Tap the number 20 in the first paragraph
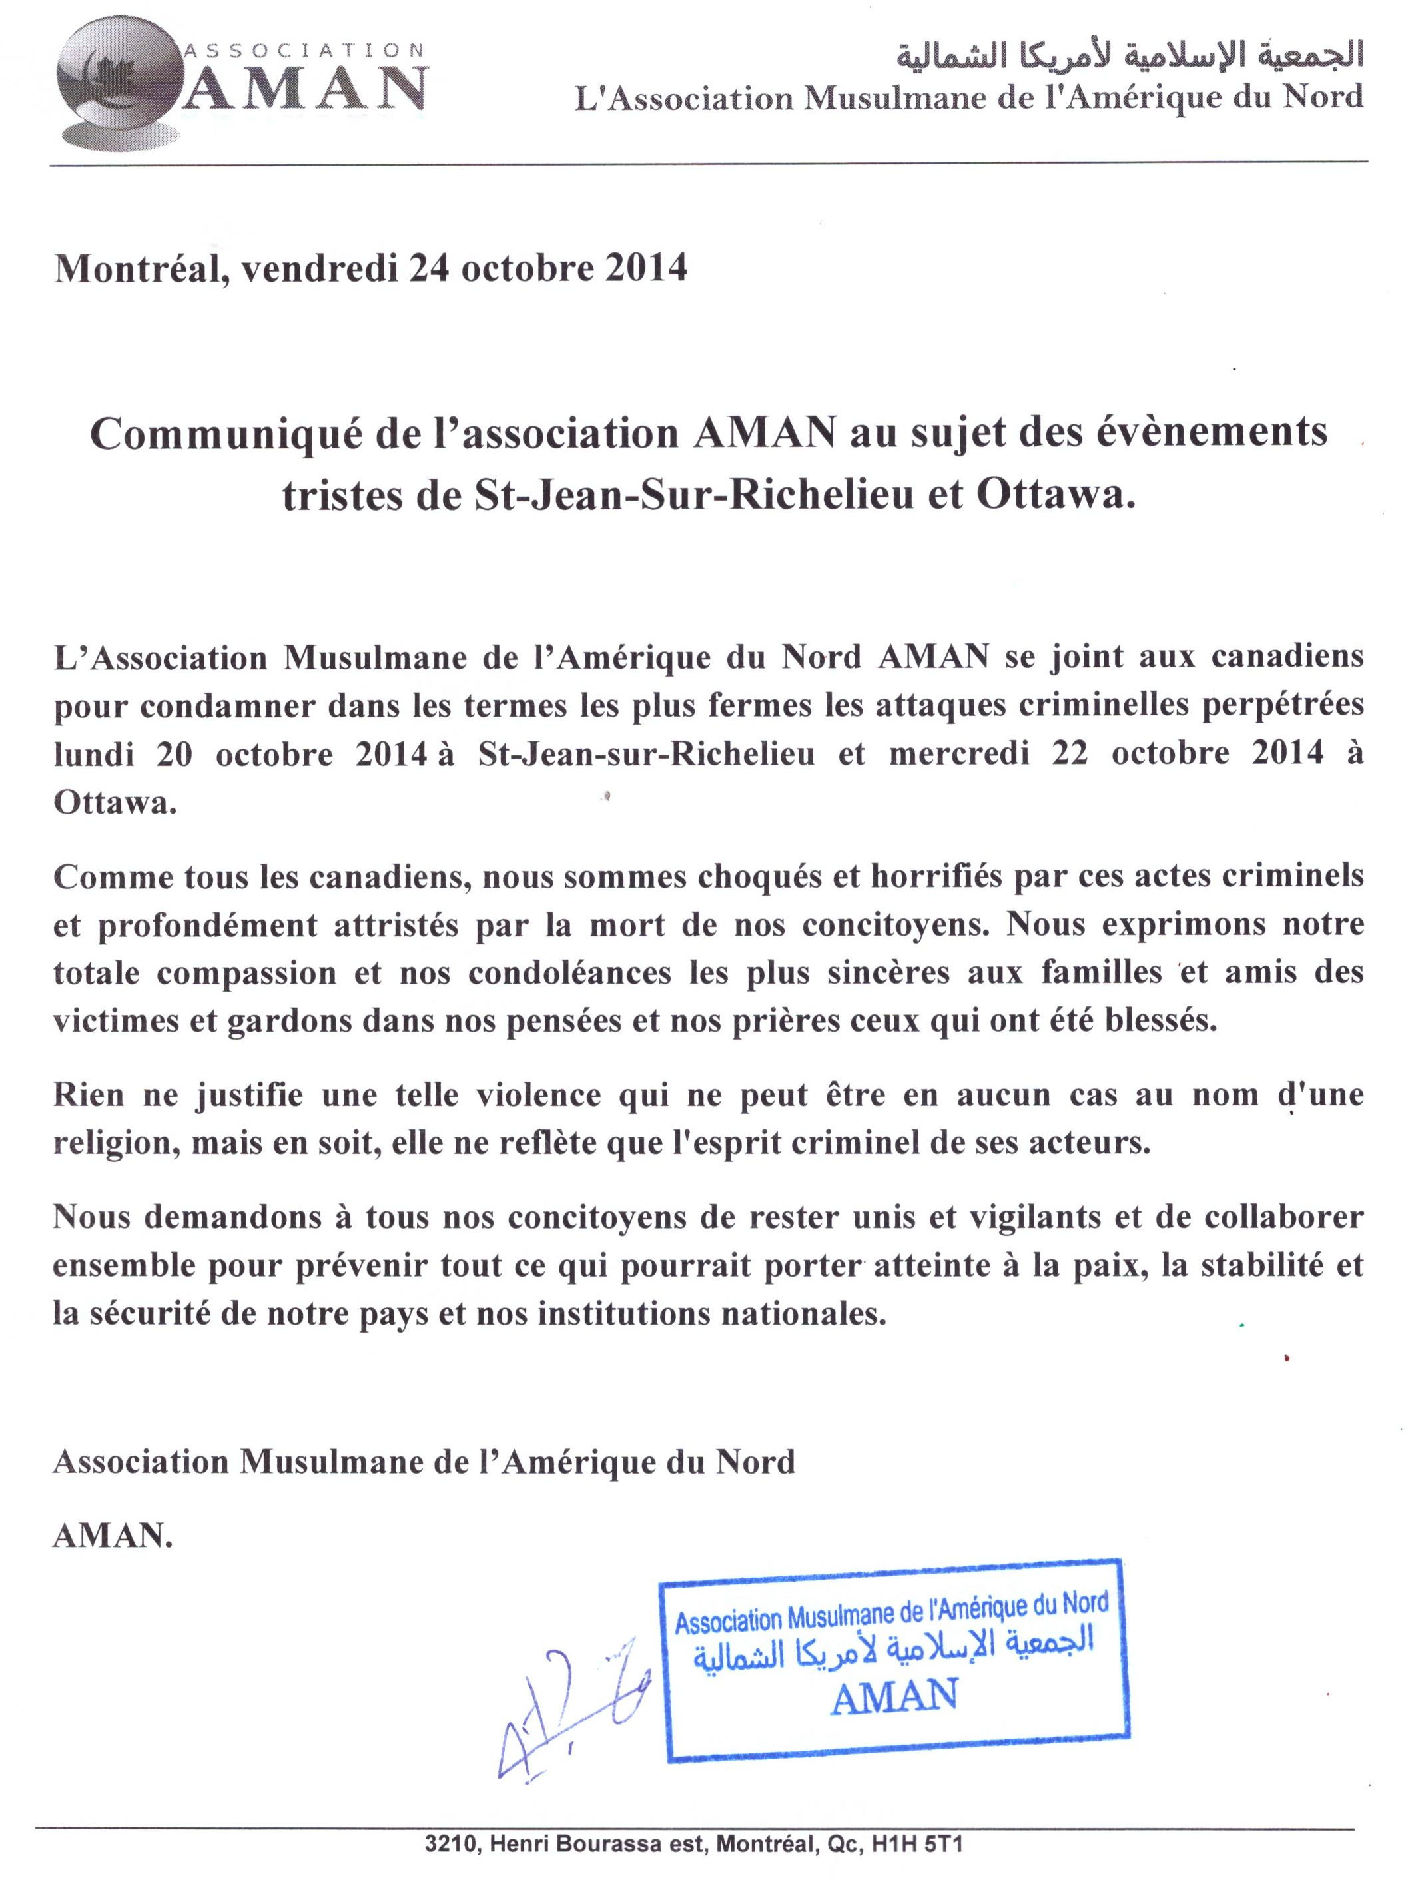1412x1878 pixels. pos(174,753)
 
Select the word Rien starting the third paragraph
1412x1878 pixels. pos(89,1095)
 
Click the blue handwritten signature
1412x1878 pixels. pos(569,1706)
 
